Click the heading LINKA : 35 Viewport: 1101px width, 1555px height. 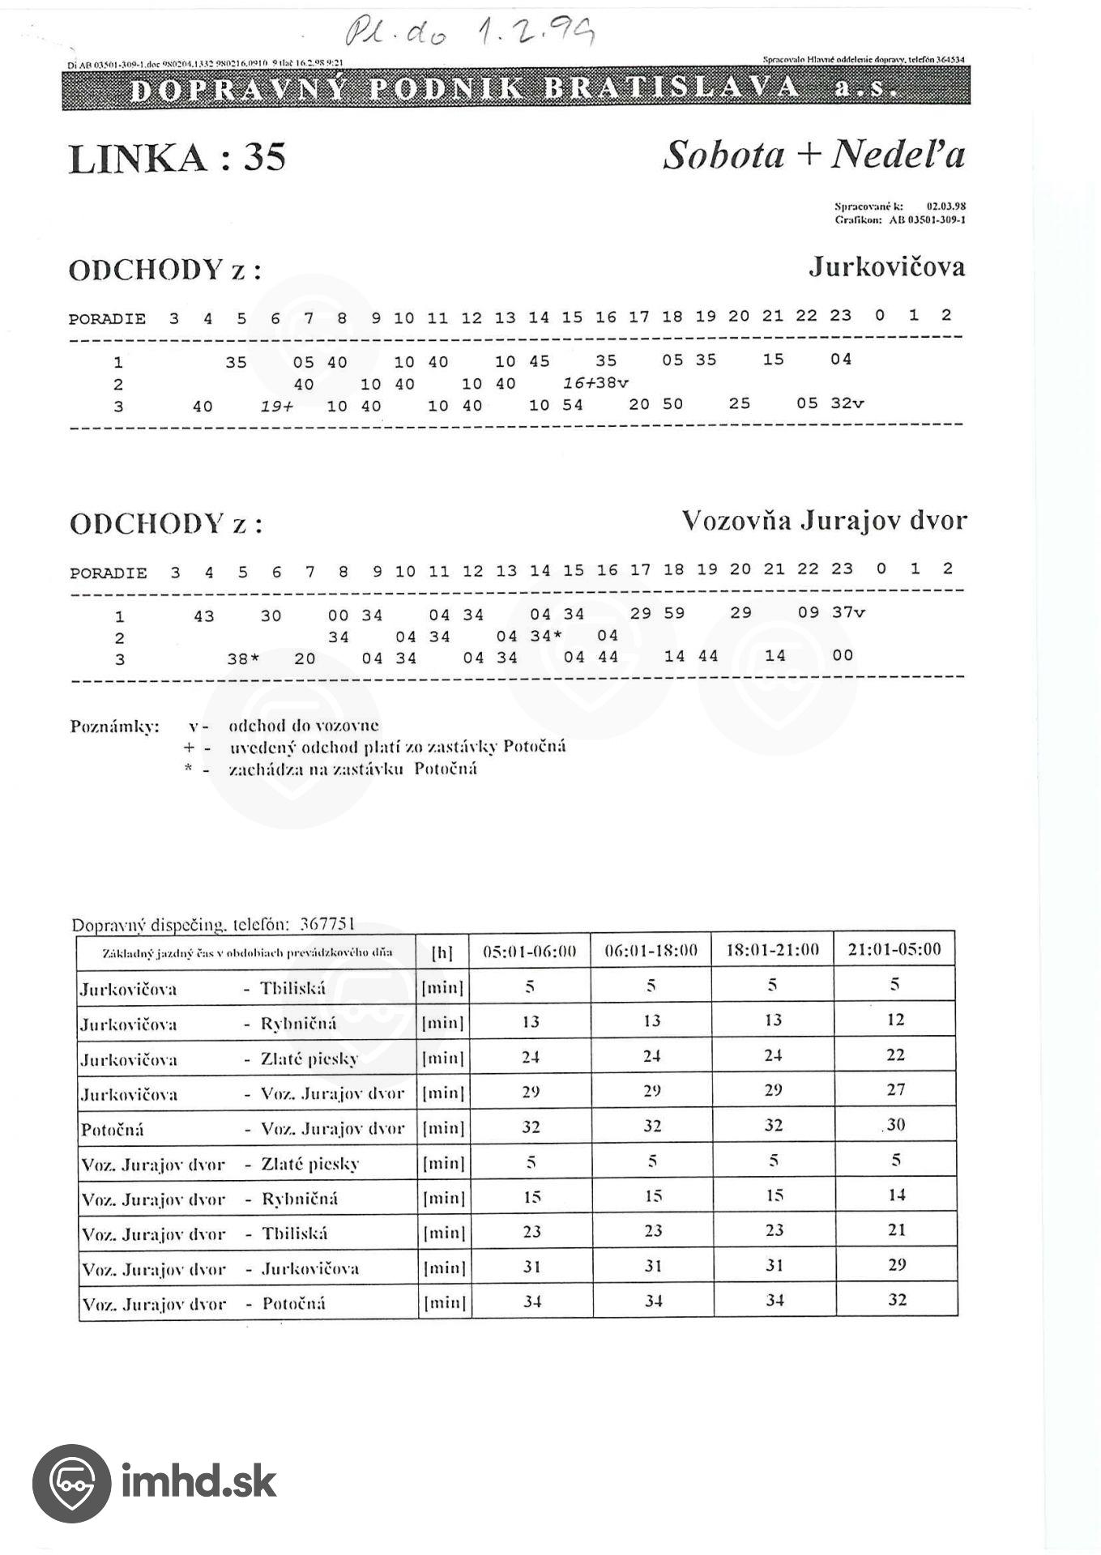tap(177, 157)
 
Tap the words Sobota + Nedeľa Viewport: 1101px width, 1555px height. tap(813, 154)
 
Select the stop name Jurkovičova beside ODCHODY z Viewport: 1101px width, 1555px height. tap(886, 266)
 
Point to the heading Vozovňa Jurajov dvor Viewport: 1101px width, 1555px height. tap(824, 520)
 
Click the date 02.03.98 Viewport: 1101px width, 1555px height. tap(945, 207)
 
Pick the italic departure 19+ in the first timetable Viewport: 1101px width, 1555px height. tap(276, 406)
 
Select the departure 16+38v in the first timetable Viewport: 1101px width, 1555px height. tap(595, 383)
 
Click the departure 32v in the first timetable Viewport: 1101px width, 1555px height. tap(847, 403)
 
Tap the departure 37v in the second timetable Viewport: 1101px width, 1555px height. tap(848, 612)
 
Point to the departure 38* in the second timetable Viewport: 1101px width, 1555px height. tap(242, 659)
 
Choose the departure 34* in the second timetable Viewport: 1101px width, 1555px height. tap(546, 636)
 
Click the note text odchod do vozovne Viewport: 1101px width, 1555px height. tap(304, 726)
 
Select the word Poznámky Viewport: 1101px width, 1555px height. tap(114, 726)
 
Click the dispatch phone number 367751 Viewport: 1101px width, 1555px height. tap(326, 924)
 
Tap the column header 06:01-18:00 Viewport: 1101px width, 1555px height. tap(651, 950)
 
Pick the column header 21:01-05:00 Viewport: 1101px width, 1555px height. tap(894, 949)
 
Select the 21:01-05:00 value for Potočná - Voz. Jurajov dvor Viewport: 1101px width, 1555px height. tap(895, 1125)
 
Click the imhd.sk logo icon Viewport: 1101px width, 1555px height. tap(71, 1483)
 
